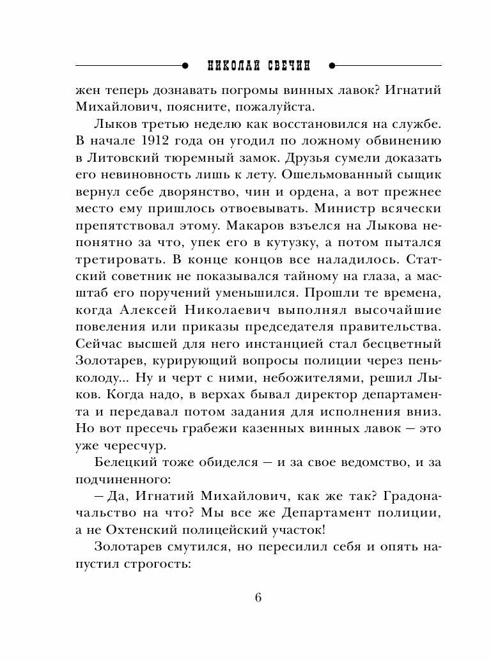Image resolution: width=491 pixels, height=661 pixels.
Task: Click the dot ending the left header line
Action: [x=183, y=65]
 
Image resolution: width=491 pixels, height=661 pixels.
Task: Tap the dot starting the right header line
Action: [x=332, y=65]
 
